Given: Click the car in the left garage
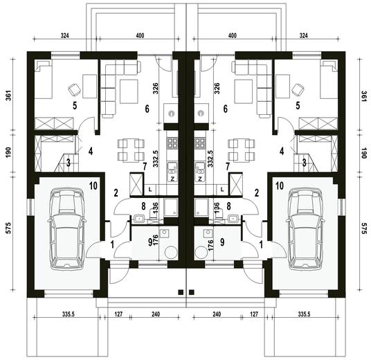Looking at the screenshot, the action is [67, 228].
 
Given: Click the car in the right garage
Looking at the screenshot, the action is [305, 228].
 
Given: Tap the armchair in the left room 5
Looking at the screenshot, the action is [74, 89].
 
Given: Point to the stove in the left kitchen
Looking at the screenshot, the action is [172, 143].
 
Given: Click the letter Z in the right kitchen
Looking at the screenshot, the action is [200, 179].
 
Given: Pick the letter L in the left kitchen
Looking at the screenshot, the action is [150, 190].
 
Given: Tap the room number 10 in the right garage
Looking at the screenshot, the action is [280, 186].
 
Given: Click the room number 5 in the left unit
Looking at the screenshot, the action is [75, 105].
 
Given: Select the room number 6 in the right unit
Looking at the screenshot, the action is [225, 109].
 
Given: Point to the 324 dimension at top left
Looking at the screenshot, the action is [64, 36].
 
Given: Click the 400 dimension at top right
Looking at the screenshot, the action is [233, 36].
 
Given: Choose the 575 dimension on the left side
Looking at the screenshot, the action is [8, 228].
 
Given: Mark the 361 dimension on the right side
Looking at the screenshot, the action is [363, 96].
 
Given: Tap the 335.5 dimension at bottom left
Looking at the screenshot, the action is [69, 314].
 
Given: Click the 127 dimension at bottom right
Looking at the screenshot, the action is [254, 314].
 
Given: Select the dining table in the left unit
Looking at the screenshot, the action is [131, 150].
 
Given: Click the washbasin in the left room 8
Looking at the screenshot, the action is [139, 219].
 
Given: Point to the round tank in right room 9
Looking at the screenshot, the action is [201, 252].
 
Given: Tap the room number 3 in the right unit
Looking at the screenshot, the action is [305, 163].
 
